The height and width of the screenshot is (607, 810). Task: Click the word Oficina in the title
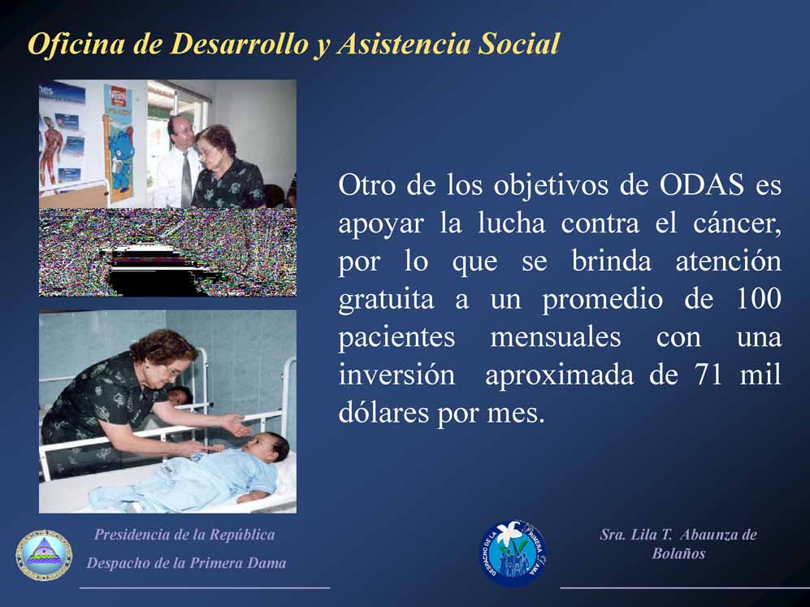tap(76, 43)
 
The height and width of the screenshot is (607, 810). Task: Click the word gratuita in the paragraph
tap(386, 300)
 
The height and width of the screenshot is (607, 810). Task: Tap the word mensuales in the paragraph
tap(556, 337)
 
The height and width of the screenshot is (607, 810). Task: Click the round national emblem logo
tap(44, 555)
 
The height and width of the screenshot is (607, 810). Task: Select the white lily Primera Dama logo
tap(513, 553)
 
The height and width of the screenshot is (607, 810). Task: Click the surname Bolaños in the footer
tap(678, 553)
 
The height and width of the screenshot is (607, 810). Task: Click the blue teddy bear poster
tap(118, 144)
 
